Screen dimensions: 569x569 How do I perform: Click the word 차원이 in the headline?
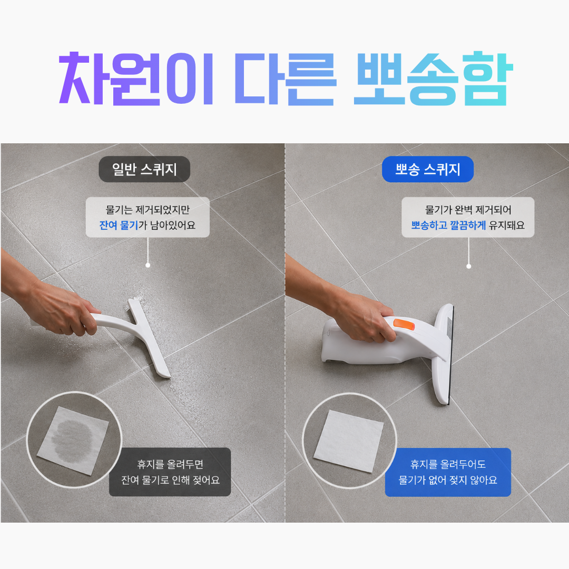tap(136, 79)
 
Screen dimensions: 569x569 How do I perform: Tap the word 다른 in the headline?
tap(286, 79)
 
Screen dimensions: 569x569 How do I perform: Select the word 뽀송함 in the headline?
tap(434, 79)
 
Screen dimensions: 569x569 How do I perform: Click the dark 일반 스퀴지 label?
tap(144, 169)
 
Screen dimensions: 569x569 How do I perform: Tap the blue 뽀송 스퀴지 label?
tap(427, 169)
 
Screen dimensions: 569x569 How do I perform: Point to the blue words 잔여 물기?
tap(119, 225)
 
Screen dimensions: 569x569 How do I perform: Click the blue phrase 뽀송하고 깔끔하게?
tap(448, 225)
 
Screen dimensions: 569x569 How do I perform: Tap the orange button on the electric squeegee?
tap(404, 324)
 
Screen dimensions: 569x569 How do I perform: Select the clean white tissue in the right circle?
tap(349, 441)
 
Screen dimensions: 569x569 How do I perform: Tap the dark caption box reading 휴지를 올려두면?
tap(170, 472)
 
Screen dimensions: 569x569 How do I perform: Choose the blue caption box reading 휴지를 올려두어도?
tap(448, 472)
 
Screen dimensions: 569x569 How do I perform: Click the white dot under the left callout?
tap(148, 265)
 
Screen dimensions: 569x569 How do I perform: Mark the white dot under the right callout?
tap(468, 267)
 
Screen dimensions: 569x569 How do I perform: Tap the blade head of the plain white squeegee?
tap(149, 338)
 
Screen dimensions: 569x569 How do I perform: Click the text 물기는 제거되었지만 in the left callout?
tap(148, 210)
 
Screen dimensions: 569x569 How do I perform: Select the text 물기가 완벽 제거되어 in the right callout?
tap(468, 210)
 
